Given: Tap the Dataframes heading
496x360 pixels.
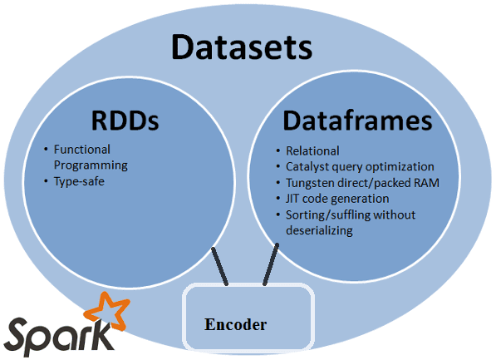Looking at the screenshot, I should coord(357,121).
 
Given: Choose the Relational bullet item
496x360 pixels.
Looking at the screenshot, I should coord(312,150).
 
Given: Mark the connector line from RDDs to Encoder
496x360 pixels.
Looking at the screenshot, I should coord(221,265).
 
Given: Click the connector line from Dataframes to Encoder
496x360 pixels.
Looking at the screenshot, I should coord(269,265).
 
